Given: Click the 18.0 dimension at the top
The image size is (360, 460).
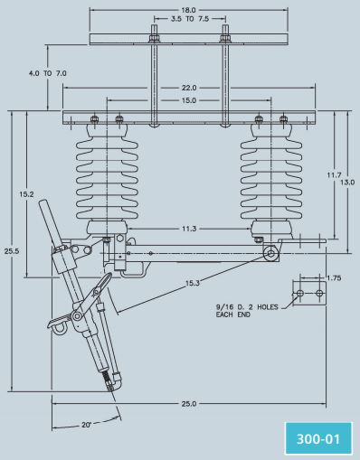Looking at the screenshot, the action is (188, 10).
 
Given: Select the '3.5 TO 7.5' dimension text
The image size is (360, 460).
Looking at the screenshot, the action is (190, 19).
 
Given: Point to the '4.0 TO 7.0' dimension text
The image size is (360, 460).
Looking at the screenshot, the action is (48, 73).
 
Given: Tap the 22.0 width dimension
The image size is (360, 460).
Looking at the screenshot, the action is (189, 88).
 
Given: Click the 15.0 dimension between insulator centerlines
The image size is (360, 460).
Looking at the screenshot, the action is (189, 100).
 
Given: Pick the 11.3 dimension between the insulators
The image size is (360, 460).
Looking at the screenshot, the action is (189, 229).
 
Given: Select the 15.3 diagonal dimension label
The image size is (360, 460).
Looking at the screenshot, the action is (193, 283).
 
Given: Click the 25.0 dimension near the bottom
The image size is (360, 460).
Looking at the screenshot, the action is (189, 404).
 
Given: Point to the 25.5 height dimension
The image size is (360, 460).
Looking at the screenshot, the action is (12, 250).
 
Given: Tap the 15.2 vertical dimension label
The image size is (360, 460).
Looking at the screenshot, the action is (26, 194).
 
